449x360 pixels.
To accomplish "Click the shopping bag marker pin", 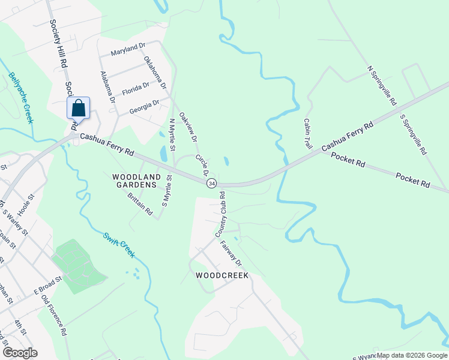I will pyautogui.click(x=78, y=109).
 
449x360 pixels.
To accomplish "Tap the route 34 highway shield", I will pyautogui.click(x=211, y=183).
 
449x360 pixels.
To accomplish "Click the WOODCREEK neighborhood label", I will pyautogui.click(x=222, y=275).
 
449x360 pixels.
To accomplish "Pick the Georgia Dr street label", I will pyautogui.click(x=144, y=107).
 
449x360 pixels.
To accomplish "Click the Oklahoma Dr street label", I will pyautogui.click(x=155, y=73).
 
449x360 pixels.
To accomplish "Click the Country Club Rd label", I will pyautogui.click(x=221, y=214).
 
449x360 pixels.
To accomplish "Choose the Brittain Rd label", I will pyautogui.click(x=140, y=205).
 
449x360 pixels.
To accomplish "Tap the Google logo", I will pyautogui.click(x=20, y=353).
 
